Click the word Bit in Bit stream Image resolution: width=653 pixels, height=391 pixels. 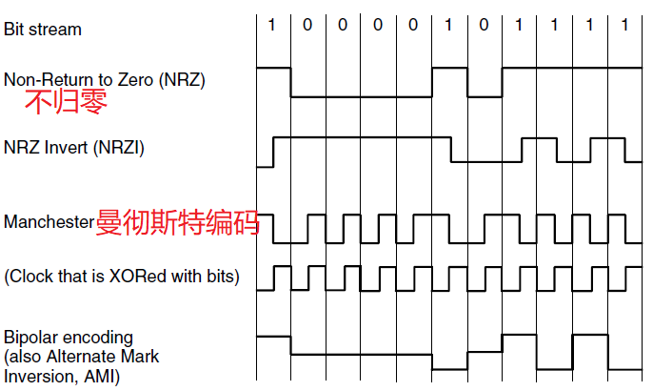click(14, 29)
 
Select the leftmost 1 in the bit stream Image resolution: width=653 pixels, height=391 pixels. click(271, 26)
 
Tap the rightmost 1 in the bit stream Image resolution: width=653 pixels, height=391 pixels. click(624, 26)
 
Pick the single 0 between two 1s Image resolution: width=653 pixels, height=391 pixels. click(485, 26)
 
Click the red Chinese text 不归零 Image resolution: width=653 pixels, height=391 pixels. click(66, 101)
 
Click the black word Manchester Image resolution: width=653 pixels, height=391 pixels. click(49, 222)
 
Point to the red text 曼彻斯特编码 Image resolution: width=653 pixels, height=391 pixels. click(177, 222)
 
